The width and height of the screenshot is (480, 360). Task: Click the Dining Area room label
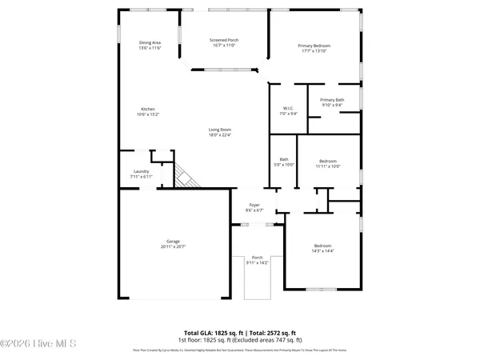pos(150,45)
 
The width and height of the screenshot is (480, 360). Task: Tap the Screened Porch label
pos(224,42)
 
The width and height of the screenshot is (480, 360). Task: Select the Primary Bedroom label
pos(315,48)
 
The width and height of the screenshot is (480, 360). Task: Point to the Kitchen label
pos(148,111)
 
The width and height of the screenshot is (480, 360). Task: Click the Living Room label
pos(220,132)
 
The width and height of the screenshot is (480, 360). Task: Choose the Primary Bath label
pos(331,102)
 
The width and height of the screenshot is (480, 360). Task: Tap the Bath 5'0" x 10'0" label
pos(284,162)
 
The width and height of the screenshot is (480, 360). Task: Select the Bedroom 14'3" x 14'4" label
pos(322,248)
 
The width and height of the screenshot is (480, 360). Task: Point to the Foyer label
pos(254,208)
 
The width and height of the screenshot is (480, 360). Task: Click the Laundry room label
pos(142,174)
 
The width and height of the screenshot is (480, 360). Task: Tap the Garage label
pos(173,244)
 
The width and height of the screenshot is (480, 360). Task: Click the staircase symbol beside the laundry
pos(186,176)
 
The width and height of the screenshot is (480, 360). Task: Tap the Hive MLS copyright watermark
pos(38,344)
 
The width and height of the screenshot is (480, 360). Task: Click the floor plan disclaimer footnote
pos(240,350)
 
